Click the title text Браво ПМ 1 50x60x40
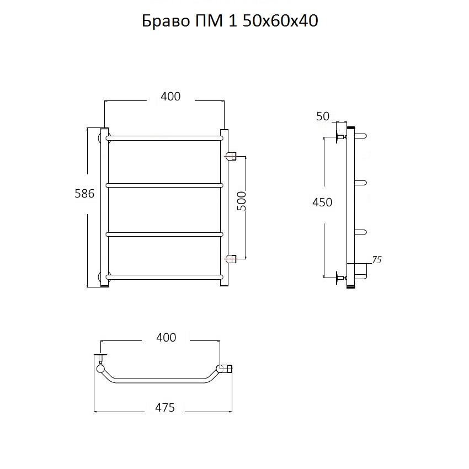coord(230,21)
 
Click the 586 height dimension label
coord(84,194)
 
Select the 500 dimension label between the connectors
coord(242,201)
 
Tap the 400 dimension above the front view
coord(170,97)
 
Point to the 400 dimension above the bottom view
coord(166,337)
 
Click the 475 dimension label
coord(165,407)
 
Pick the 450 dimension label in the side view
coord(322,202)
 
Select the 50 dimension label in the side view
coord(323,116)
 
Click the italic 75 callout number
coord(377,260)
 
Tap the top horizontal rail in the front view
coord(164,138)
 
